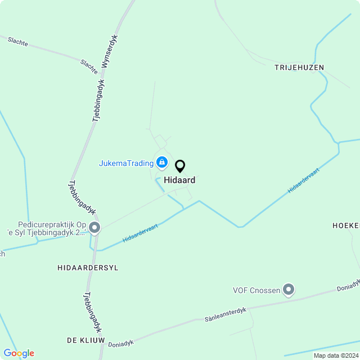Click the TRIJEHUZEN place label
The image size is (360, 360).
coord(299,67)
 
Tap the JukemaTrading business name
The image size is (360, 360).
coord(126,163)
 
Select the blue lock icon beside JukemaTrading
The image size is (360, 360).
coord(162,163)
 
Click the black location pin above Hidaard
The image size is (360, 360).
coord(180,166)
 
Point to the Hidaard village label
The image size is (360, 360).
coord(180,181)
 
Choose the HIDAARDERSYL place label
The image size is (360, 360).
coord(88,268)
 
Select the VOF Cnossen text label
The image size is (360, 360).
coord(256,291)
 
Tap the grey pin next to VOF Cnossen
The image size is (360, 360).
coord(289,290)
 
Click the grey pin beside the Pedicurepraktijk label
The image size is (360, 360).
coord(94,228)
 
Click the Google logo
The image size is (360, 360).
coord(19,353)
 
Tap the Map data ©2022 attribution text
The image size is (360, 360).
coord(336,355)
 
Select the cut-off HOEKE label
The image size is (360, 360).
coord(346,225)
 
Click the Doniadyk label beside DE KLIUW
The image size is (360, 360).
coord(120,343)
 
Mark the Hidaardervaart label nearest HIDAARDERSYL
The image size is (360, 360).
coord(140,233)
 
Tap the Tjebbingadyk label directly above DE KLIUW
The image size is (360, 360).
coord(92,312)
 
